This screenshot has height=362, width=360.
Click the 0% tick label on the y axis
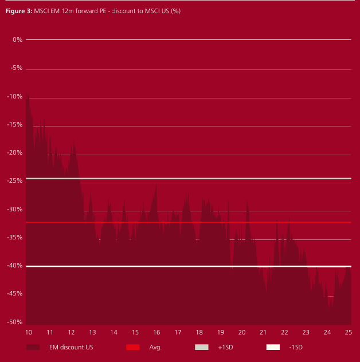[x=17, y=40]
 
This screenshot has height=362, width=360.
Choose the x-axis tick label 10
[x=29, y=332]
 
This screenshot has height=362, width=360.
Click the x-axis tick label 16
[x=156, y=332]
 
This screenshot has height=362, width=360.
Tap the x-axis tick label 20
[x=241, y=332]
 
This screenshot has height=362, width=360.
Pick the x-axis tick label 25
[x=348, y=332]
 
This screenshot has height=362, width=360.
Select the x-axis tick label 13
[x=92, y=332]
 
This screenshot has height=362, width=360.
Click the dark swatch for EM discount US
[x=33, y=347]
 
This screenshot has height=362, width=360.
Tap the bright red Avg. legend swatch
[x=133, y=347]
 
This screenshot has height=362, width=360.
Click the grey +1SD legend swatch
[x=202, y=347]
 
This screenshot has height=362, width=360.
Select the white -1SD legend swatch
[x=273, y=347]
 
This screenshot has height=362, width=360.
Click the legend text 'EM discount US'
[x=71, y=347]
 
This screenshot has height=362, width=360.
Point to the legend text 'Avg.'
[x=155, y=347]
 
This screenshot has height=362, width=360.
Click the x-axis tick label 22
[x=284, y=332]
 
